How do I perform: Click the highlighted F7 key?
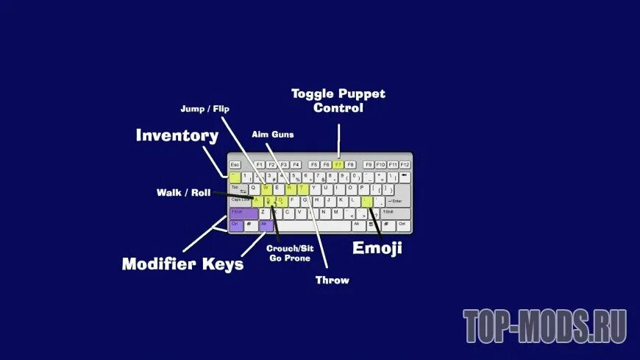pos(338,164)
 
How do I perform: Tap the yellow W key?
pos(266,188)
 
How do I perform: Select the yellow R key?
pos(290,188)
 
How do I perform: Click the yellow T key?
pos(302,188)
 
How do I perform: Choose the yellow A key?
pos(257,200)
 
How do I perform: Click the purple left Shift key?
pos(243,213)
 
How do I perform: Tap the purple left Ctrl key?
pos(235,225)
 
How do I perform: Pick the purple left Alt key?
pos(266,225)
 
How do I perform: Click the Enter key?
pos(397,200)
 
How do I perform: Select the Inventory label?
pos(177,135)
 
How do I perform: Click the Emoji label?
pos(377,248)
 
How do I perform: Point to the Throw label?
pos(333,280)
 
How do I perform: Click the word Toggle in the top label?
pos(313,93)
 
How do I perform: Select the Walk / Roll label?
pos(183,193)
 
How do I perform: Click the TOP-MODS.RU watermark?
pos(544,327)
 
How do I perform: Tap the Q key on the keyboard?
pos(255,188)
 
